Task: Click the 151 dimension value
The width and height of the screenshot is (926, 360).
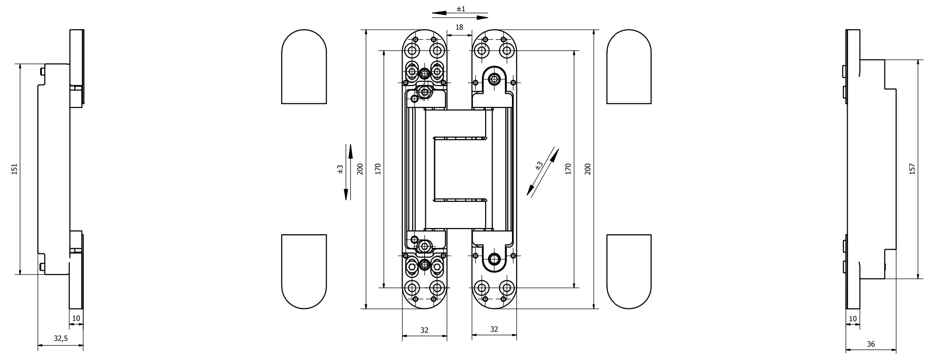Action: tap(14, 169)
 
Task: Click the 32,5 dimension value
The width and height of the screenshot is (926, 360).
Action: tap(60, 338)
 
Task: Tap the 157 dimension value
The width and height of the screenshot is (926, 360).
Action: tap(912, 169)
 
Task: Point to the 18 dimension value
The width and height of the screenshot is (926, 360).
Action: tap(459, 27)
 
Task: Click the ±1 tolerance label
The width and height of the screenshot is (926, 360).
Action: tap(461, 9)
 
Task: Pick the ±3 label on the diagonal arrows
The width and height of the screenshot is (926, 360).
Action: tap(539, 166)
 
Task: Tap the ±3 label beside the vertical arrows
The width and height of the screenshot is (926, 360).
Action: tap(340, 169)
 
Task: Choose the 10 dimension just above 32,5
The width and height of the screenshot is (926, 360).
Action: tap(76, 317)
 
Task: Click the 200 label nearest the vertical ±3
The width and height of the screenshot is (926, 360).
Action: tap(360, 169)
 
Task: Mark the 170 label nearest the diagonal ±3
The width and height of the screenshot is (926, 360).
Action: tap(568, 169)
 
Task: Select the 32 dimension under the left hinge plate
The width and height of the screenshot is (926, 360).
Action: tap(424, 329)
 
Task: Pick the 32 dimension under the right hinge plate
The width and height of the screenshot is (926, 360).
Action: tap(494, 329)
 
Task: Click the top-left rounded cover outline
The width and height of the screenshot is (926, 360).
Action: tap(304, 67)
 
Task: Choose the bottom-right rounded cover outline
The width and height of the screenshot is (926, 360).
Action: tap(629, 272)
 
